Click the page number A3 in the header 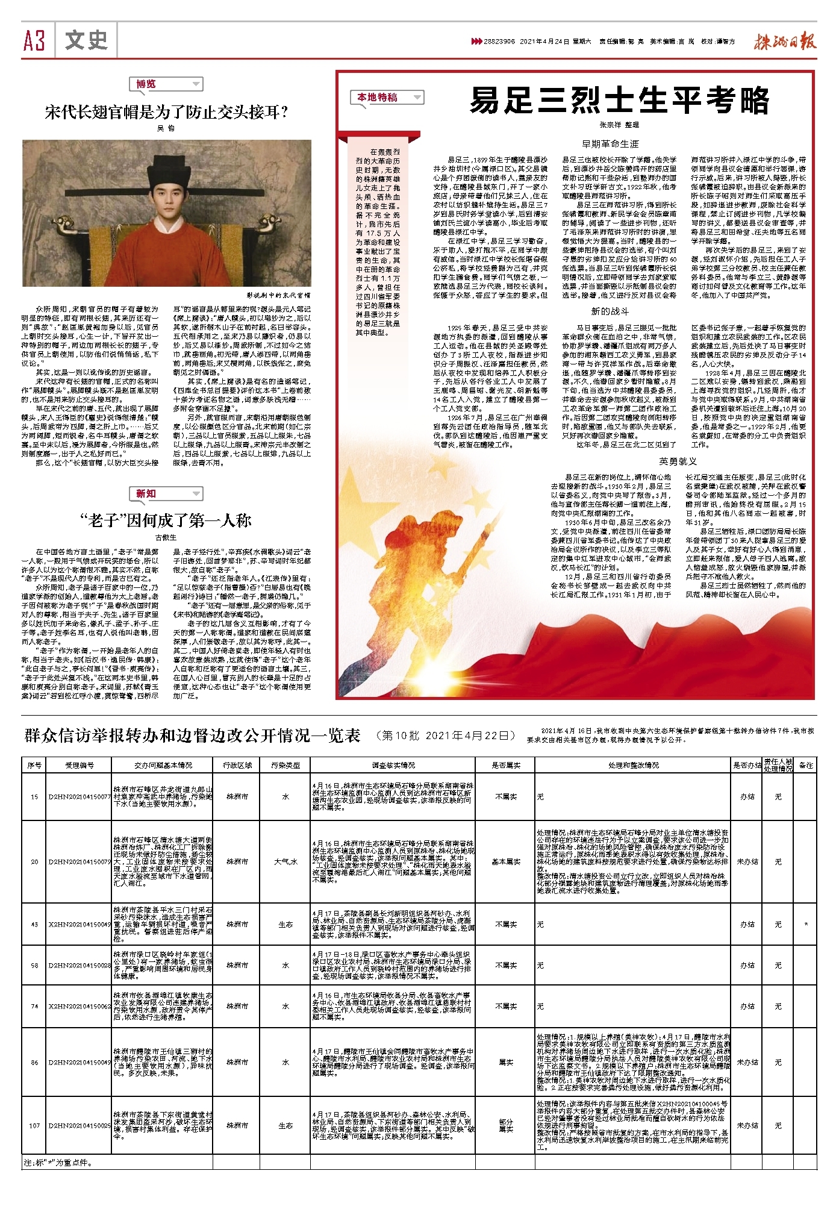click(x=34, y=41)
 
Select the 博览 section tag click(x=146, y=84)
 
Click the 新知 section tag click(x=146, y=494)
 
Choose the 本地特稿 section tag click(x=378, y=98)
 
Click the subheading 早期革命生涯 click(x=610, y=144)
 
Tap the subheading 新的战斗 click(x=610, y=311)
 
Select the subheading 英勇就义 click(x=678, y=461)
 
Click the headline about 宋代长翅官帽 click(x=166, y=112)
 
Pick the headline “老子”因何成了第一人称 click(x=166, y=520)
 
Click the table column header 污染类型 click(x=285, y=765)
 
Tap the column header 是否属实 click(x=506, y=765)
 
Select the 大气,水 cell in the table click(x=285, y=861)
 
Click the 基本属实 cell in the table click(x=506, y=861)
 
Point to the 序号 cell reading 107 click(x=34, y=1125)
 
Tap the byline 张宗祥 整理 click(x=619, y=125)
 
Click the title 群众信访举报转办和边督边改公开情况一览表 click(x=192, y=736)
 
